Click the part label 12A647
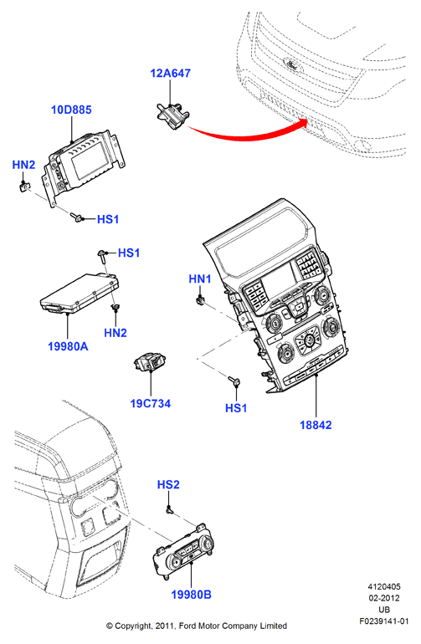click(x=170, y=73)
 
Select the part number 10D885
click(x=71, y=110)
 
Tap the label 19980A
click(x=68, y=346)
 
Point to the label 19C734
click(x=151, y=403)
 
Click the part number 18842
click(x=316, y=425)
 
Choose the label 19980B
click(x=191, y=595)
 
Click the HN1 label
click(x=200, y=279)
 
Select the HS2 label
click(x=168, y=484)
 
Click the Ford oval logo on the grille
click(x=292, y=65)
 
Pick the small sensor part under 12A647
click(x=172, y=115)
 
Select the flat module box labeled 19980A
click(x=80, y=294)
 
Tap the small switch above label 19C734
click(x=150, y=362)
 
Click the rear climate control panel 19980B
click(x=183, y=552)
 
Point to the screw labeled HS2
click(x=169, y=509)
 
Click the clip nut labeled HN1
click(x=200, y=301)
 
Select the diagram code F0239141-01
click(x=384, y=621)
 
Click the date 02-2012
click(x=384, y=598)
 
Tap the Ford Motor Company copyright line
click(x=197, y=626)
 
